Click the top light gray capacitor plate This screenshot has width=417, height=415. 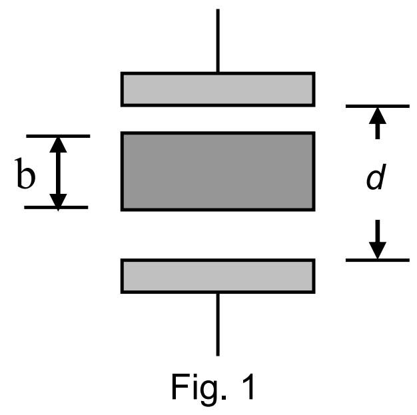[217, 89]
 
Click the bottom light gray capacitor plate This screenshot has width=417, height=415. [217, 276]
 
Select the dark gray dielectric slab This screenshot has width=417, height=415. [217, 171]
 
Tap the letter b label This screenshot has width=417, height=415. [25, 177]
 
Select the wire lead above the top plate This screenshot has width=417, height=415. [218, 40]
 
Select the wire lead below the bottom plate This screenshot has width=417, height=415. [218, 324]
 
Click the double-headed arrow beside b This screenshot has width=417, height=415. [59, 172]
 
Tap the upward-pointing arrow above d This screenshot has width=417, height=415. [378, 123]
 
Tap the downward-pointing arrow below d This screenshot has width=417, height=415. [378, 239]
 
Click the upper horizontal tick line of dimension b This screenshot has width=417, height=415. [57, 136]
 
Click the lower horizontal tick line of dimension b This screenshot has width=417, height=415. [57, 207]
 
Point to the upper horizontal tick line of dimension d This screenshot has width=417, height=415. [377, 105]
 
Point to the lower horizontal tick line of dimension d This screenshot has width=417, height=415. [377, 259]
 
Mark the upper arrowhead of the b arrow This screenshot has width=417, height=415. [59, 145]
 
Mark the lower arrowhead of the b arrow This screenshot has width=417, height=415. [59, 199]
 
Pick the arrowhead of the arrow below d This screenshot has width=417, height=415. [378, 250]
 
